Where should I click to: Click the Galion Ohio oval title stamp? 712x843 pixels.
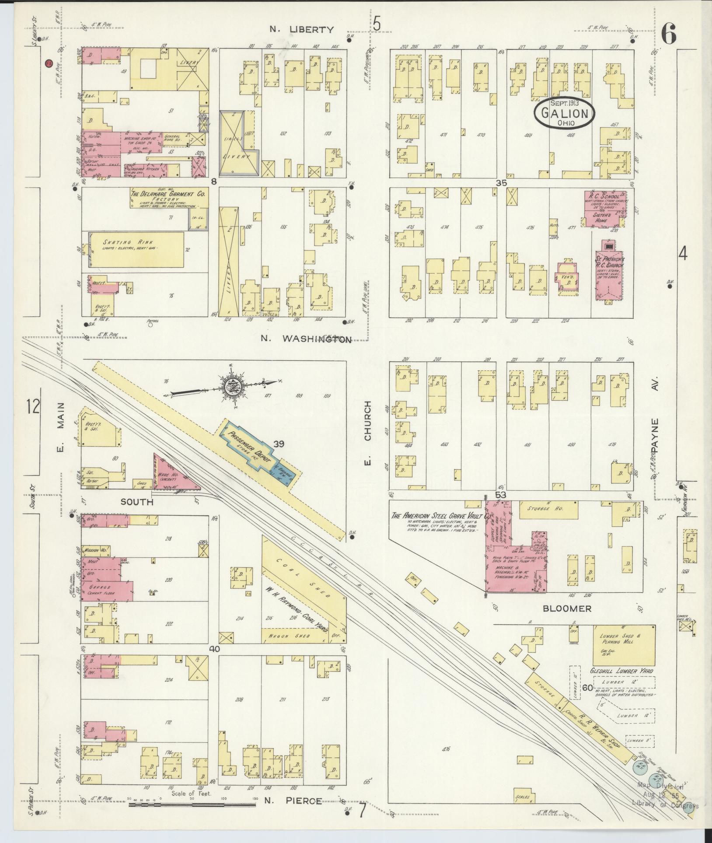564,114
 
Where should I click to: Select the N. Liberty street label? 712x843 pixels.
301,30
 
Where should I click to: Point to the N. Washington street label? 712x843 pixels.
306,339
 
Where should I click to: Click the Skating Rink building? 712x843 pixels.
136,249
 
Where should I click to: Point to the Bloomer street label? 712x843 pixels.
567,609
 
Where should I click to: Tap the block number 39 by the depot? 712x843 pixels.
279,444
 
